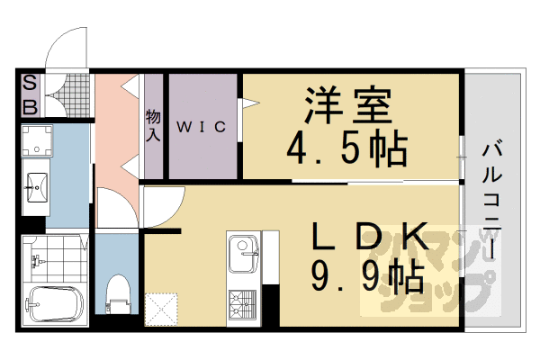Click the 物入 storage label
tap(153, 125)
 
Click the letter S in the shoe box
tap(29, 85)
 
